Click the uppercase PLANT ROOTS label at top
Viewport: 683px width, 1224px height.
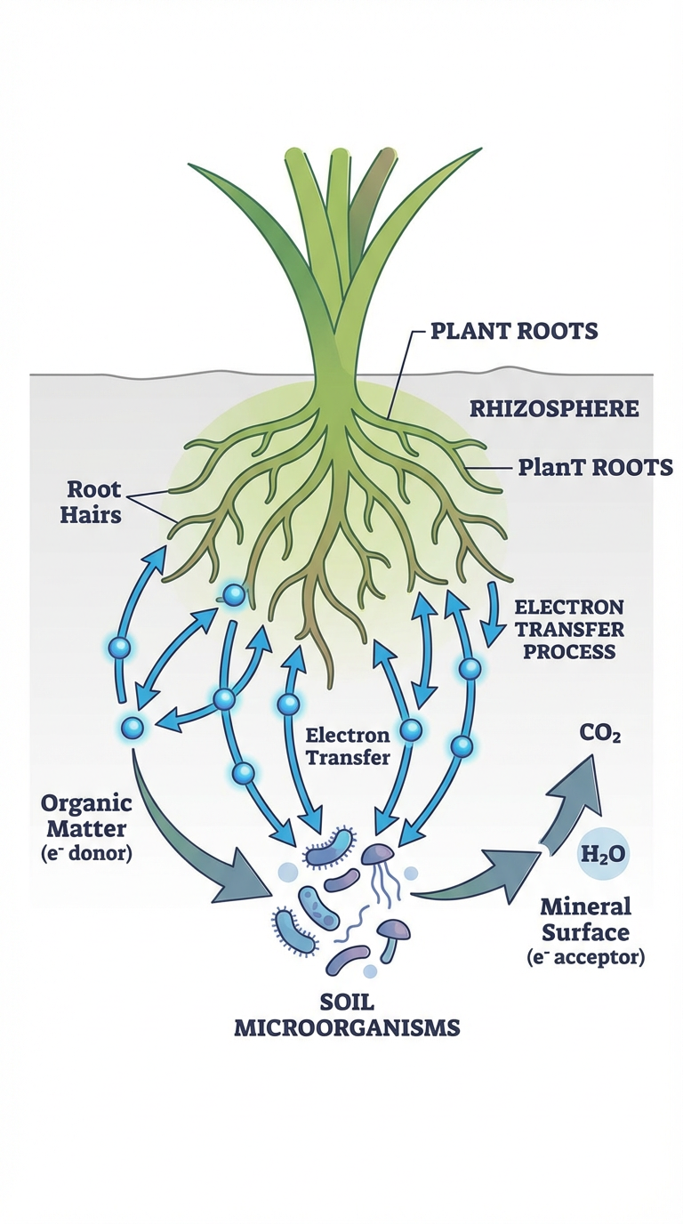(513, 331)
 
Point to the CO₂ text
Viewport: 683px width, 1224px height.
(600, 735)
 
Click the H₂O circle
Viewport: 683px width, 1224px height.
(603, 855)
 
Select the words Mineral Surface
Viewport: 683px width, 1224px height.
(585, 919)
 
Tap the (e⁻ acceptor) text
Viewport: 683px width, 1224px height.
(584, 957)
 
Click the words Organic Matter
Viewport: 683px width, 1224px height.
(86, 816)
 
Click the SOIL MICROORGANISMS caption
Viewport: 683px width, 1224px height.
(347, 1015)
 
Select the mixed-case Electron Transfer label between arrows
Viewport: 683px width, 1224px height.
(348, 746)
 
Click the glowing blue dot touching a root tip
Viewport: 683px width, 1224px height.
(233, 594)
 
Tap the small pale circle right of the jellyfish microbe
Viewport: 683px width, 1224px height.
(411, 874)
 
